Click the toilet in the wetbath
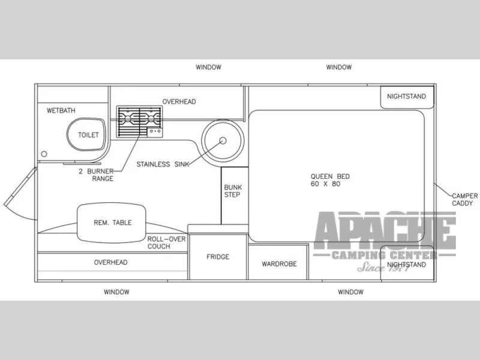(86, 134)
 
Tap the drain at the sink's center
(223, 140)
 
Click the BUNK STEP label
(233, 191)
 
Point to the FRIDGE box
(218, 257)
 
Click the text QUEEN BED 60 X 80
(330, 180)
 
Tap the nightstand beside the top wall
(407, 97)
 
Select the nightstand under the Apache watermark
(407, 263)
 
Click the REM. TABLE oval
(112, 223)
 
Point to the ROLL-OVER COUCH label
(167, 243)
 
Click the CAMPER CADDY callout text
(464, 200)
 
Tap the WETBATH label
(61, 110)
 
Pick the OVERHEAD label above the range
(179, 101)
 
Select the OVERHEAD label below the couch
(110, 262)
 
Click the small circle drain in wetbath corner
(44, 154)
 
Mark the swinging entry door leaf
(20, 187)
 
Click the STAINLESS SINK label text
(163, 164)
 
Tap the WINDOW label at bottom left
(116, 292)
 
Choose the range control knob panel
(155, 132)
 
